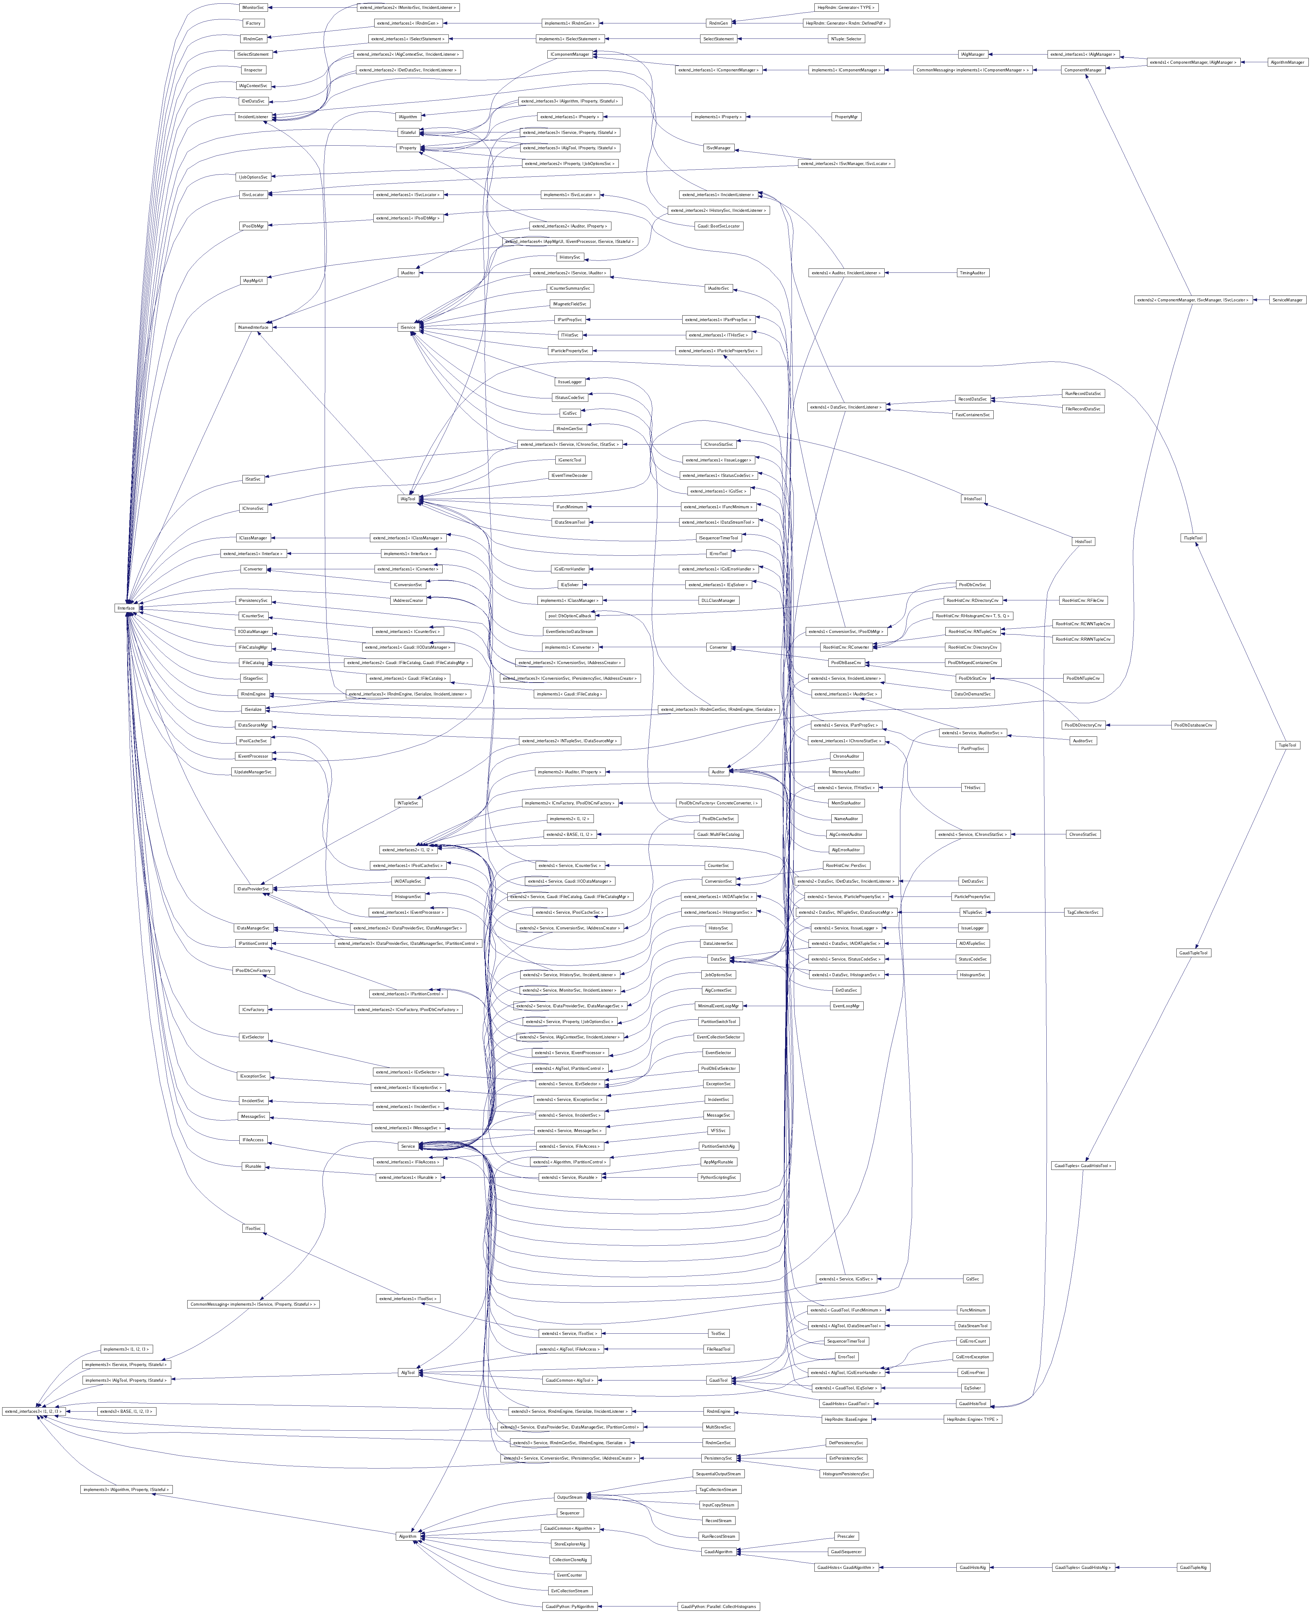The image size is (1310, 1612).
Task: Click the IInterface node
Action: pyautogui.click(x=126, y=608)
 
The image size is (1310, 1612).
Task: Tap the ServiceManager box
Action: pyautogui.click(x=1288, y=300)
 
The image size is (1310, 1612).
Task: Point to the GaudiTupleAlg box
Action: pyautogui.click(x=1193, y=1567)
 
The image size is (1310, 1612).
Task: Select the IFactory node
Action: pyautogui.click(x=253, y=23)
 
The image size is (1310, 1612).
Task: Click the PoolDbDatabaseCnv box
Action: pyautogui.click(x=1193, y=725)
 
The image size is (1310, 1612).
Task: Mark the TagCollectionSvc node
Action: pyautogui.click(x=1083, y=912)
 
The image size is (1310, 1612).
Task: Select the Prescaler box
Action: pyautogui.click(x=846, y=1536)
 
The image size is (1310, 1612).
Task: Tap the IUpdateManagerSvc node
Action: pyautogui.click(x=253, y=772)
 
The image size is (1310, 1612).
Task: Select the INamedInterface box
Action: pyautogui.click(x=253, y=327)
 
